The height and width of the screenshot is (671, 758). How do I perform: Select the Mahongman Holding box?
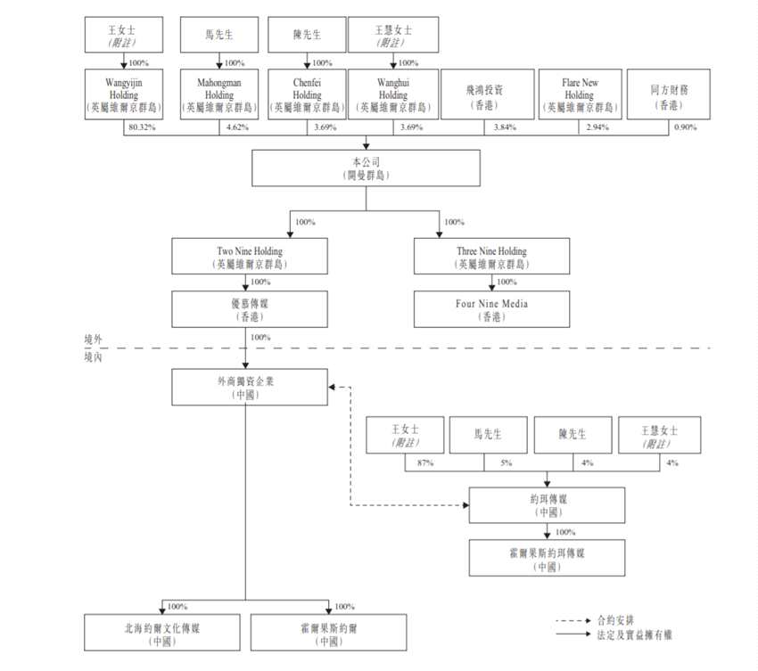pos(219,94)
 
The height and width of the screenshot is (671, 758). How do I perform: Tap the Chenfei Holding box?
pos(307,94)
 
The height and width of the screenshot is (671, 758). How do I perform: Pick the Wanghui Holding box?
pos(392,94)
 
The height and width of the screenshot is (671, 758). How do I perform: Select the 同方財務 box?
pos(669,94)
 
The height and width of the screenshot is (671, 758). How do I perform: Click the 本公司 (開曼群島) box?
pos(366,168)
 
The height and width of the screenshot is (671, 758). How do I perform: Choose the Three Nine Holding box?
pos(491,257)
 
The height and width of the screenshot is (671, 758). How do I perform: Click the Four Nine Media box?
pos(491,309)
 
